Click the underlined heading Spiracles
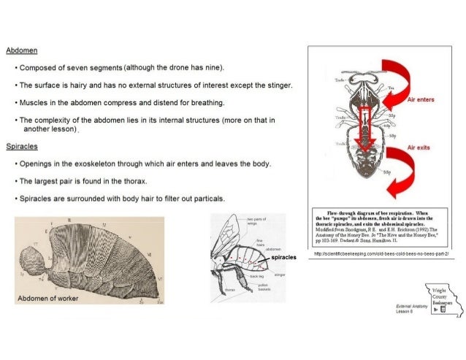pyautogui.click(x=22, y=146)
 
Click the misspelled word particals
pyautogui.click(x=208, y=198)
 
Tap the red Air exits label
pyautogui.click(x=420, y=146)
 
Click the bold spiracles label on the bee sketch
pyautogui.click(x=284, y=258)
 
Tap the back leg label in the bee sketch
pyautogui.click(x=256, y=277)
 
